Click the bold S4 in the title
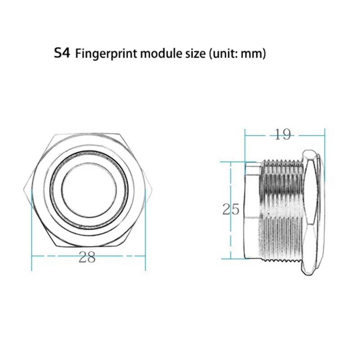62,54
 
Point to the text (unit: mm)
237,54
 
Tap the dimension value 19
283,134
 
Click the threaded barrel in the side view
281,211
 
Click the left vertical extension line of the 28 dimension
31,234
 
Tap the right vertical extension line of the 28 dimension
145,234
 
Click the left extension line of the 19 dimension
245,144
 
